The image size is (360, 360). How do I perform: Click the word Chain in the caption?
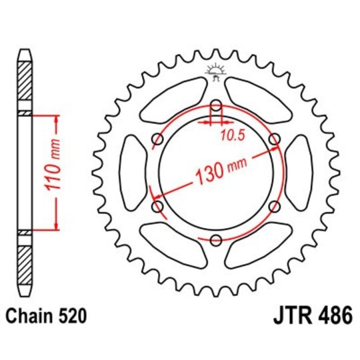point(31,312)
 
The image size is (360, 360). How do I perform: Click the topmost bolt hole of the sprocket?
point(215,106)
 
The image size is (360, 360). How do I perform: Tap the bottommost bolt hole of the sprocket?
point(215,240)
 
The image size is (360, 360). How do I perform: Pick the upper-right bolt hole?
point(274,139)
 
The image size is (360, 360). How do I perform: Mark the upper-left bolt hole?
point(157,139)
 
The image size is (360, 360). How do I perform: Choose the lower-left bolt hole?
point(157,207)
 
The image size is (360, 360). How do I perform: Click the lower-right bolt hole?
point(274,207)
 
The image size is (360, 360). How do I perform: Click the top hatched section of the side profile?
point(24,79)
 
